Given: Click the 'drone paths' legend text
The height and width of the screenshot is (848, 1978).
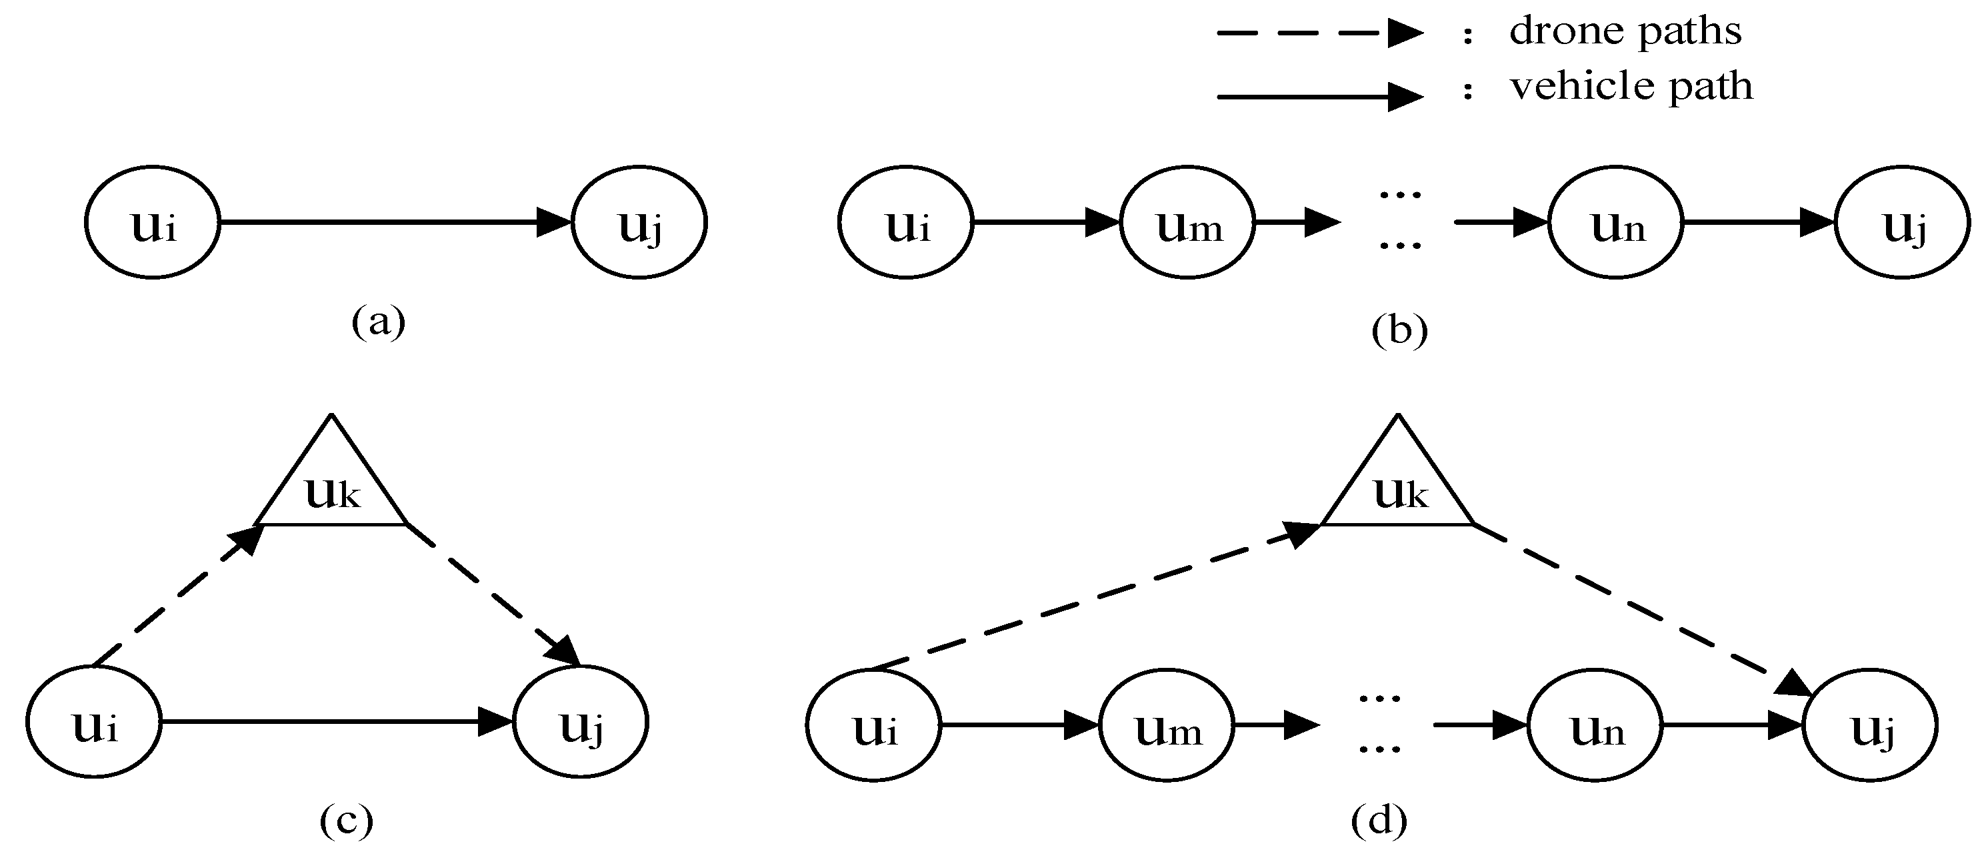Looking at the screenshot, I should (x=1624, y=32).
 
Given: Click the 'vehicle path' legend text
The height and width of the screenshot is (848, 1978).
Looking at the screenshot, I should (x=1631, y=86).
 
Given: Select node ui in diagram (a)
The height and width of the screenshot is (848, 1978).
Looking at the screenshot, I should (x=152, y=223).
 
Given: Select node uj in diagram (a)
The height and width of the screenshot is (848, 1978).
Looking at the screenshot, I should (x=639, y=223).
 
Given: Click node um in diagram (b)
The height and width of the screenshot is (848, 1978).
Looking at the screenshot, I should (x=1187, y=223).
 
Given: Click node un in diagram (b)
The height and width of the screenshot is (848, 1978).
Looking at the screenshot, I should (x=1615, y=223).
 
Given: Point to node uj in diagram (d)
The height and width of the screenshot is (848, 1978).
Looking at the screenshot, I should (x=1870, y=725).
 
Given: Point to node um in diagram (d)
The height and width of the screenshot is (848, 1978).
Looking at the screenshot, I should (x=1167, y=725).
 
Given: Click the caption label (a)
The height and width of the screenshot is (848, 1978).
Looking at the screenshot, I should (x=378, y=321).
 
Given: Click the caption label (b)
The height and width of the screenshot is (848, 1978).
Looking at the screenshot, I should (x=1399, y=330).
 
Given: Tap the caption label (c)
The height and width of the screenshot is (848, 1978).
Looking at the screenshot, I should (x=345, y=821).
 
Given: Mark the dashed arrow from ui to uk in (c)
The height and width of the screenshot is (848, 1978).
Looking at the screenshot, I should (x=177, y=596).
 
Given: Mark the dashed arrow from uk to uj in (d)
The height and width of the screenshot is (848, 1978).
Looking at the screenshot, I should (x=1643, y=608).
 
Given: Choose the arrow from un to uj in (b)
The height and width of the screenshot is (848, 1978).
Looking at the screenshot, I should (x=1759, y=223).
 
